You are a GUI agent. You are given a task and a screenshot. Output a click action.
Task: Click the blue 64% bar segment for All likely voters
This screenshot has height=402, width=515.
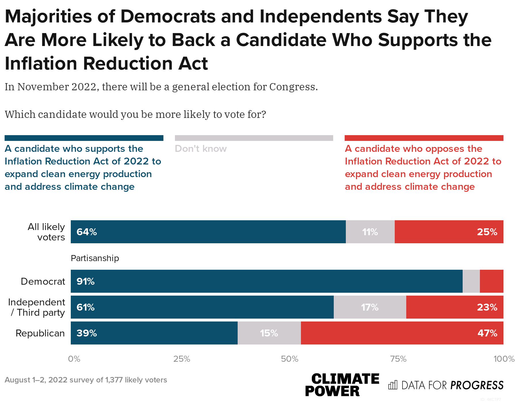coord(208,232)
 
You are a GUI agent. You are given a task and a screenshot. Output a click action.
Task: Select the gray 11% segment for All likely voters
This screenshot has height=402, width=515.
coord(370,232)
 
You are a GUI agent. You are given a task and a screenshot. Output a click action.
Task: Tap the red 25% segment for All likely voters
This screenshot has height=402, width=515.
coord(449,232)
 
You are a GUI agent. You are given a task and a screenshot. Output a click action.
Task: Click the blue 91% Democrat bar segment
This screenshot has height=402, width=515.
coord(266,281)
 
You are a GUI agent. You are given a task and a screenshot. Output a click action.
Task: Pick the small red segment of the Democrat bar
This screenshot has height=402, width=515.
coord(491,281)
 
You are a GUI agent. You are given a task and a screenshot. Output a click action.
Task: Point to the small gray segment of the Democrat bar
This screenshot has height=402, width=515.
coord(471,281)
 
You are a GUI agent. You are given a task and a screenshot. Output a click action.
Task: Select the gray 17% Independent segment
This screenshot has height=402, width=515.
coord(370,307)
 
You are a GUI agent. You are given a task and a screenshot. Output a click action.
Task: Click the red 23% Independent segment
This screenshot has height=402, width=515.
coord(455,307)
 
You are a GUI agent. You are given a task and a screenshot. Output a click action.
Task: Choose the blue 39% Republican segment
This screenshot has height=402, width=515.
coord(154,333)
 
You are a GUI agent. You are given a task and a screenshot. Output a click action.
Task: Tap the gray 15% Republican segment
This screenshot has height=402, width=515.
coord(269,333)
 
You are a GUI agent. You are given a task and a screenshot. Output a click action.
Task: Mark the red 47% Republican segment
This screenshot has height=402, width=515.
coord(402,333)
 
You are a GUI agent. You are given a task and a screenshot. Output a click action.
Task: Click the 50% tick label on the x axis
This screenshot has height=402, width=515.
coord(290,359)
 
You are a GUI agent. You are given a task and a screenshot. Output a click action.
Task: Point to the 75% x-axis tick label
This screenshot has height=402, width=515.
coord(398,359)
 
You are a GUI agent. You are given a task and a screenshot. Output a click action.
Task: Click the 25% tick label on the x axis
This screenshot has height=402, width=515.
coord(182,359)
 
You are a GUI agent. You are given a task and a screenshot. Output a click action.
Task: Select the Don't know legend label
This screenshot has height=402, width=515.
coord(201,149)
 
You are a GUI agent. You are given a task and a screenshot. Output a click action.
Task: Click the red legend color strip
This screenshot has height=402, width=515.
coord(424,138)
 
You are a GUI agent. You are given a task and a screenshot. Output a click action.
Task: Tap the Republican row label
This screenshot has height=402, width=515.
coord(40,333)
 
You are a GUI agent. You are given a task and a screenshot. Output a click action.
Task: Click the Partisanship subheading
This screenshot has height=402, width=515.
coord(95,258)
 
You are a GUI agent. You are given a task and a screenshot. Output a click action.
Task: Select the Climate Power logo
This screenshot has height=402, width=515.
coord(342,385)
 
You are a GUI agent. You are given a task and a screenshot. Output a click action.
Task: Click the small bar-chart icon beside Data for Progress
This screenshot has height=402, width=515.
coord(392,385)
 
